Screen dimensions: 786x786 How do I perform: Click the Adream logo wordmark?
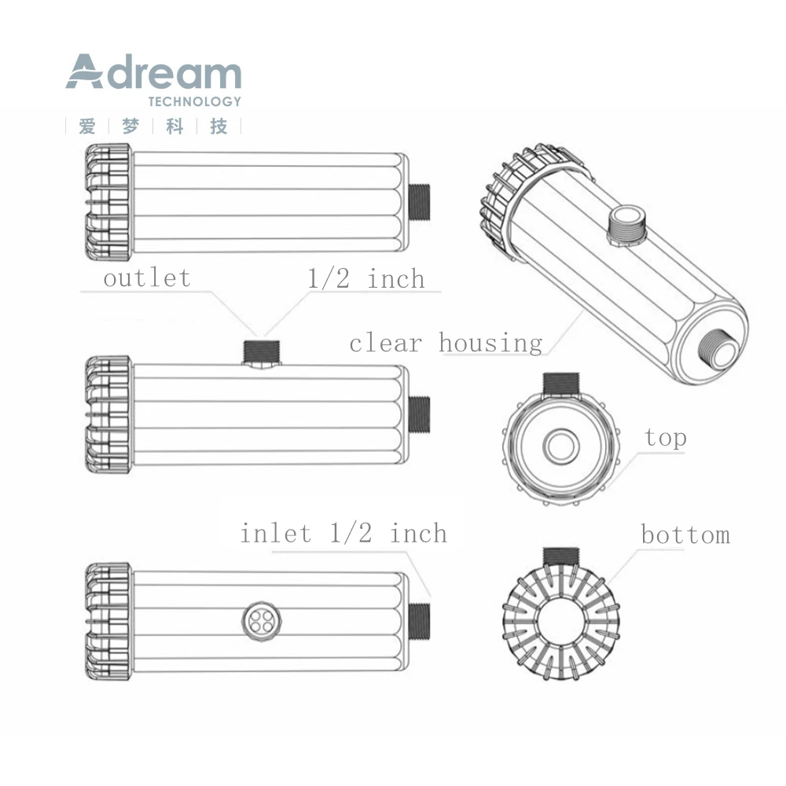pos(153,72)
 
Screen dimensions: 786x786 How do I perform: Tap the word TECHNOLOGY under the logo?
pos(194,101)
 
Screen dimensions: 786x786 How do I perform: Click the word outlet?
pos(147,277)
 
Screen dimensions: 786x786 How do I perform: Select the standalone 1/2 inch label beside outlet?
pos(366,278)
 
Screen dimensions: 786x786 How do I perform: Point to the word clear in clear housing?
pos(385,344)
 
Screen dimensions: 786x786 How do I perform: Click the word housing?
pos(490,343)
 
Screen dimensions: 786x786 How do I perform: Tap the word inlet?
pos(276,533)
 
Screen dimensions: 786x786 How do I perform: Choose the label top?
pos(665,438)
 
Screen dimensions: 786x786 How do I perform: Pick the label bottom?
pos(685,534)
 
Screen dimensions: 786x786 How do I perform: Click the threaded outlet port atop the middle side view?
pos(261,352)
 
